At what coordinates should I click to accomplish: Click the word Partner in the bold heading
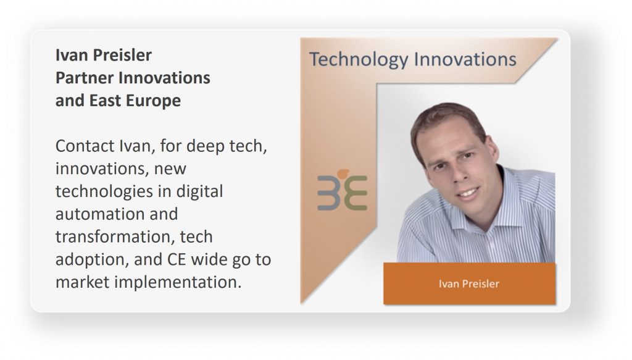pos(84,78)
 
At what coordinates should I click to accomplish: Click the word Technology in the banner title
pos(359,60)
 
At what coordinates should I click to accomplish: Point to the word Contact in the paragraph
pos(85,146)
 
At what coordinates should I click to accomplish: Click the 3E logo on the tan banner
pos(342,190)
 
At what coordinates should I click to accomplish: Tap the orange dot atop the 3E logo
pos(343,174)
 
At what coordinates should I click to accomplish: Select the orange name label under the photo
pos(470,283)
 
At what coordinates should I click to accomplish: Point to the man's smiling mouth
pos(469,193)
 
